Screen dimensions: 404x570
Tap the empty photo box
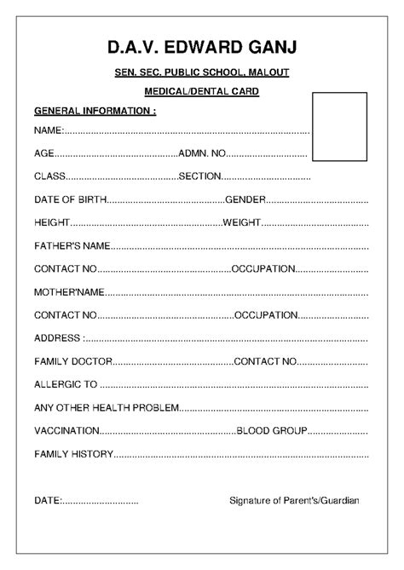(x=339, y=128)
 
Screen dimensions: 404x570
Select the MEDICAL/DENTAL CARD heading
(x=202, y=91)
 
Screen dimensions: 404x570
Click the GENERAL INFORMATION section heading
(x=95, y=111)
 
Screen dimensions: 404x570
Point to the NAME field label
(x=49, y=131)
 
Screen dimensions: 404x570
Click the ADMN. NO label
(x=201, y=153)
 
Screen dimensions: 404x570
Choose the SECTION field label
(x=200, y=176)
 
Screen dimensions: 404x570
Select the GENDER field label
(x=246, y=199)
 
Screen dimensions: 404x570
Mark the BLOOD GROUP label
(x=271, y=430)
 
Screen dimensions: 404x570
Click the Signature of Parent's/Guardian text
(x=294, y=500)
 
